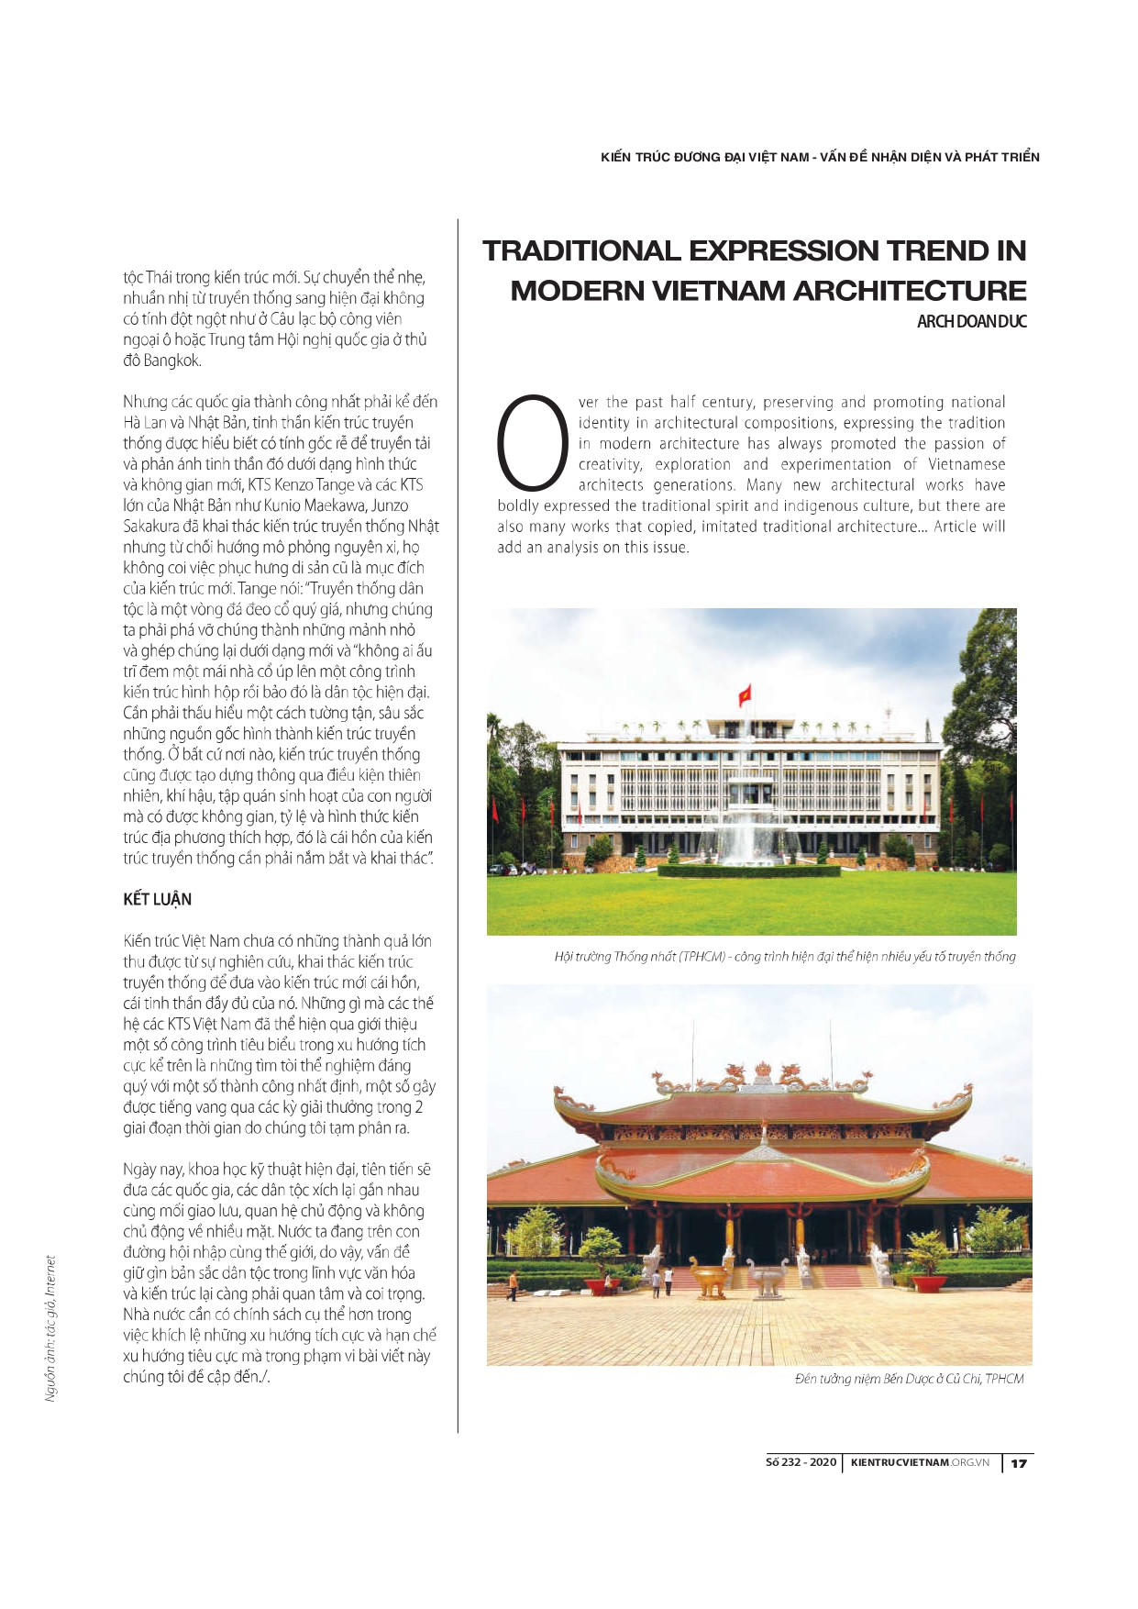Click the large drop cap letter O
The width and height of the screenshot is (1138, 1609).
(533, 442)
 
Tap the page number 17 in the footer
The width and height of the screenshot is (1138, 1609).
(1019, 1463)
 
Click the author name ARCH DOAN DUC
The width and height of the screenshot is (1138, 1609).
(971, 322)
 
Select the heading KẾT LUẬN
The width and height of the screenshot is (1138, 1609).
(157, 899)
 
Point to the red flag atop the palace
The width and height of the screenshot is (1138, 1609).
(745, 694)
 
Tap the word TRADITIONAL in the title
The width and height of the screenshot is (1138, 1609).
(581, 251)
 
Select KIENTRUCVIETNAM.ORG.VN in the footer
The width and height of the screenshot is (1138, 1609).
(920, 1462)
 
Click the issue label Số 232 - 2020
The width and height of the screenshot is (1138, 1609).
(801, 1462)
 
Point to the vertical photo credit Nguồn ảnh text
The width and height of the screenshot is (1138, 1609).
(51, 1328)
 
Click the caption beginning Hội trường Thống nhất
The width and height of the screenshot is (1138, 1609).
(784, 957)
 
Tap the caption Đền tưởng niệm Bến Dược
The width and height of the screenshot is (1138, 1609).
(909, 1379)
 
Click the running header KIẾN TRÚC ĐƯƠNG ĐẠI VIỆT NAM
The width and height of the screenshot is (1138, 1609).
(820, 157)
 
